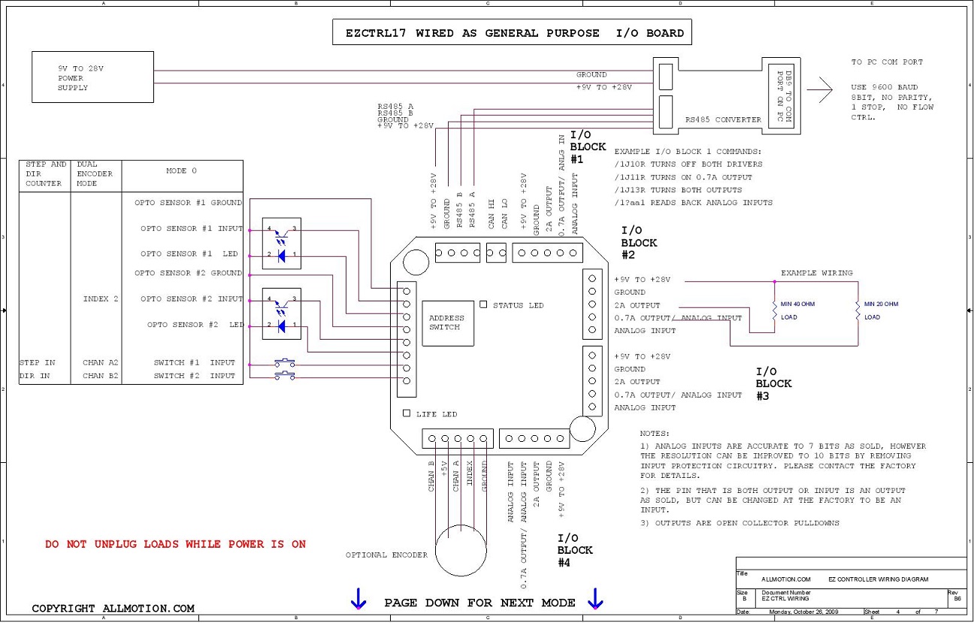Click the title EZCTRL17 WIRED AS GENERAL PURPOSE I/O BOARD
pyautogui.click(x=514, y=33)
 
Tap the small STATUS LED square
pyautogui.click(x=483, y=304)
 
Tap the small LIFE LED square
pyautogui.click(x=407, y=413)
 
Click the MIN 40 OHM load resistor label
pyautogui.click(x=797, y=304)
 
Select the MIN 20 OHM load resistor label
pyautogui.click(x=881, y=304)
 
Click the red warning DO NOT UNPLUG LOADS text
pyautogui.click(x=175, y=544)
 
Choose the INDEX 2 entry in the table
pyautogui.click(x=101, y=298)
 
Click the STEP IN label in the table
pyautogui.click(x=38, y=362)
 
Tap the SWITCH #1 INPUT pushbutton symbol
pyautogui.click(x=285, y=362)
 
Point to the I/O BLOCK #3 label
pyautogui.click(x=773, y=383)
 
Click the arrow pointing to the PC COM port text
pyautogui.click(x=819, y=89)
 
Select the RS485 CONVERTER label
pyautogui.click(x=723, y=119)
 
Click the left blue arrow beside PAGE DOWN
pyautogui.click(x=358, y=598)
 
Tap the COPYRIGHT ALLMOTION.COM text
pyautogui.click(x=113, y=608)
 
